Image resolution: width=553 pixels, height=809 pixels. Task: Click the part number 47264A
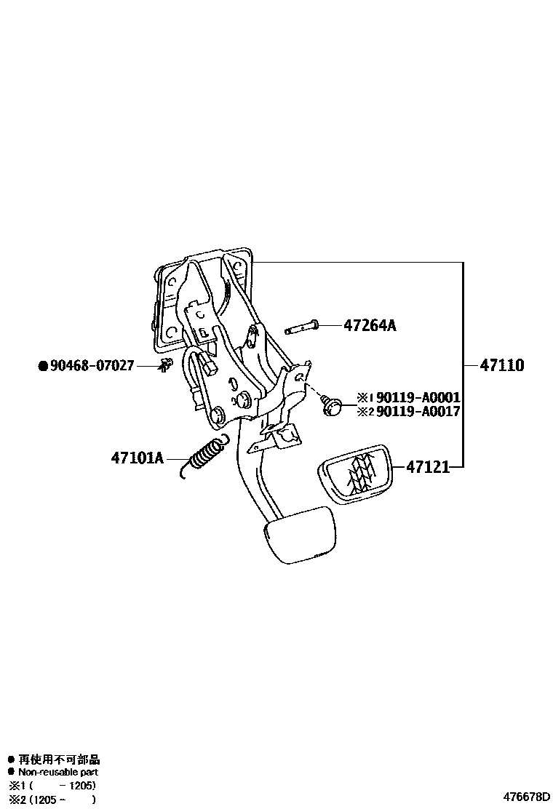(x=370, y=326)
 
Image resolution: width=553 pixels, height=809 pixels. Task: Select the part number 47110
(x=501, y=365)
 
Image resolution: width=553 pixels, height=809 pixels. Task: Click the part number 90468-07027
(x=92, y=365)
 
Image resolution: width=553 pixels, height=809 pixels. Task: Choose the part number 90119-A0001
(x=418, y=398)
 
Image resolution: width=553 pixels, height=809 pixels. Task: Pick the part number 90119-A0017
(x=418, y=412)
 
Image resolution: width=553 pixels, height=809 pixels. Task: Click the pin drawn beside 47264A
(x=301, y=328)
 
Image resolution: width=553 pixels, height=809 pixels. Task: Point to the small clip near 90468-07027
(x=167, y=365)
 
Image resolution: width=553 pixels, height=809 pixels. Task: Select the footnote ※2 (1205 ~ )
(x=52, y=800)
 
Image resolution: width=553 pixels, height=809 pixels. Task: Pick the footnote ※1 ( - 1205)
(x=52, y=786)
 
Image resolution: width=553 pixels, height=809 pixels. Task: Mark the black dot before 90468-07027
(x=42, y=366)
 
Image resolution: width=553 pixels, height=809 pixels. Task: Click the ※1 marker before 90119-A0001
(x=365, y=398)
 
